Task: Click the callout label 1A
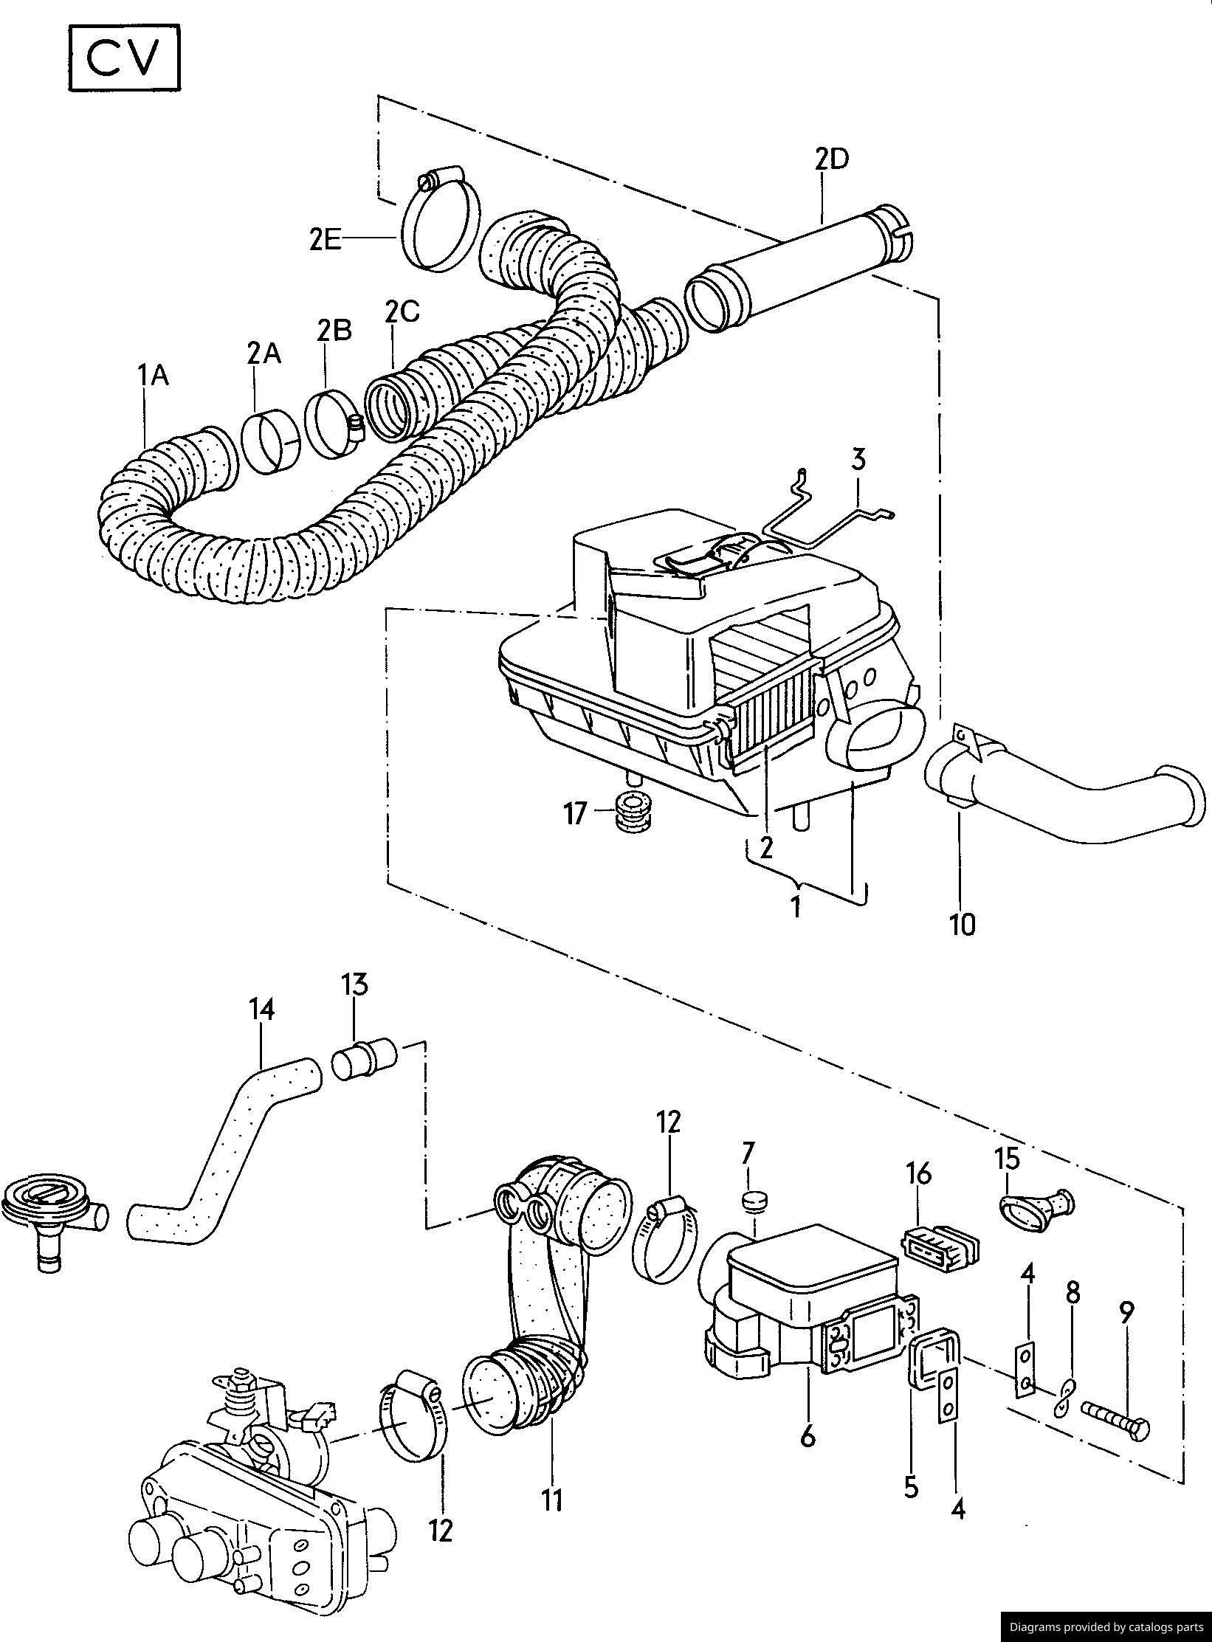153,376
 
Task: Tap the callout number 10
962,924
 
